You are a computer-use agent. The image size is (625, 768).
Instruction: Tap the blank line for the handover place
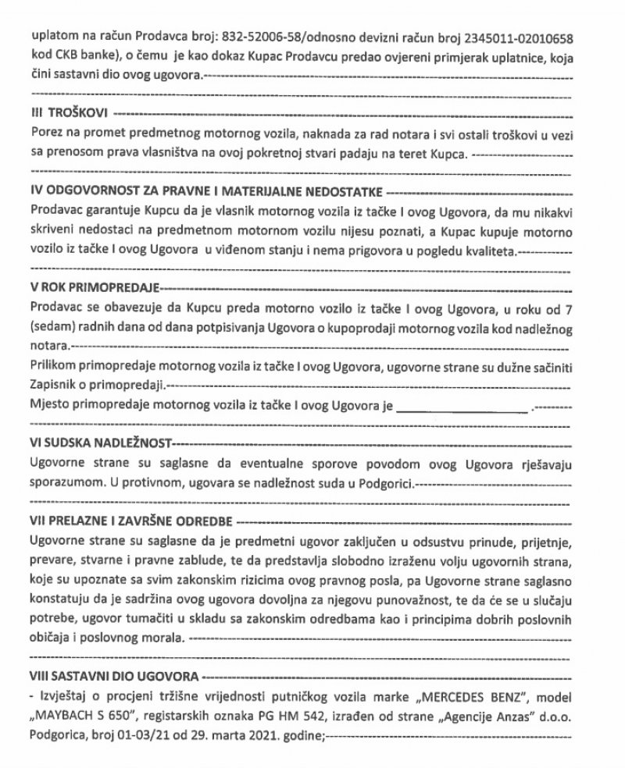462,407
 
